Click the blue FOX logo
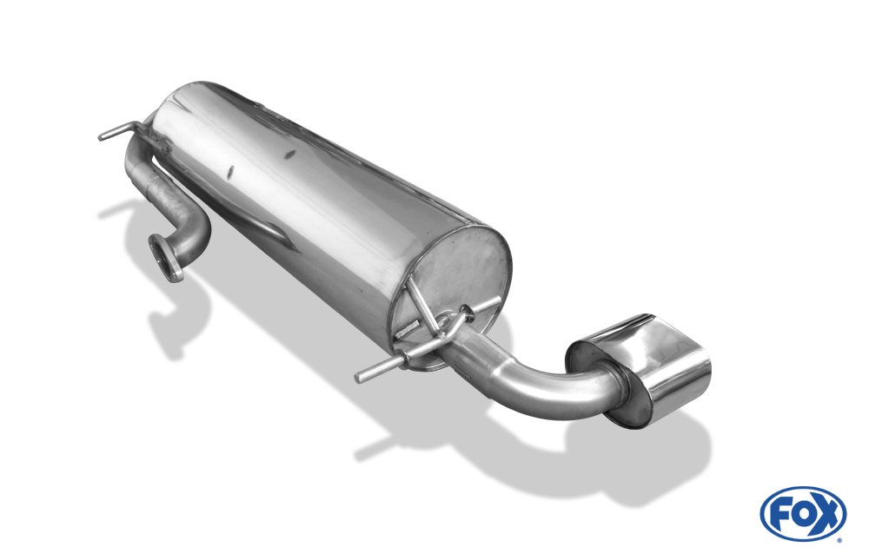803,513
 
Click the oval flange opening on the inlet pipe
164,258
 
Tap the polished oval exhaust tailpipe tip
642,367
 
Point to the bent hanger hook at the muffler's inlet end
119,131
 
